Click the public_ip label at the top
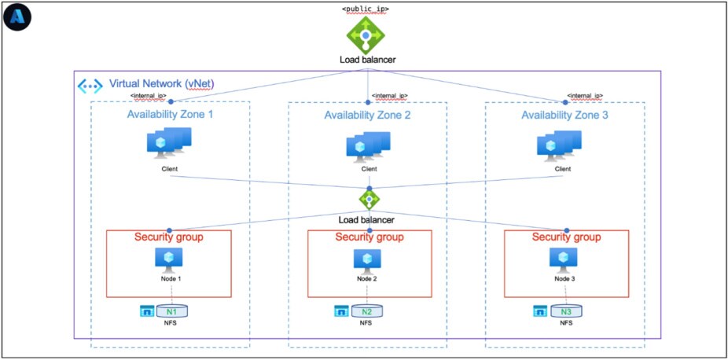point(366,9)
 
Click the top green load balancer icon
point(366,34)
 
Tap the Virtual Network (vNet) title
point(161,83)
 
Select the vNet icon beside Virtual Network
point(90,86)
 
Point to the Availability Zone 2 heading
point(367,116)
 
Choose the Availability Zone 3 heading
point(564,116)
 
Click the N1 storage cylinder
point(170,311)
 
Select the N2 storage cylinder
point(366,311)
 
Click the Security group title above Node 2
point(370,237)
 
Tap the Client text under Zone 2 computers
point(368,168)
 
